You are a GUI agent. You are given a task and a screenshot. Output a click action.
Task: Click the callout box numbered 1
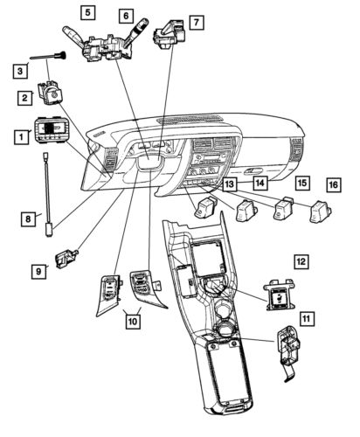click(19, 136)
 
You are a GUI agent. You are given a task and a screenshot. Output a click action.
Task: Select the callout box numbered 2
click(27, 99)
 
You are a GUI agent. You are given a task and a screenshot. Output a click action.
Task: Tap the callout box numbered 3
click(19, 70)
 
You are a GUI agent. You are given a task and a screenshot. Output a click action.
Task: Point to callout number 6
click(126, 17)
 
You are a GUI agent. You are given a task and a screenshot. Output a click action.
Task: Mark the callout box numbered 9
click(39, 272)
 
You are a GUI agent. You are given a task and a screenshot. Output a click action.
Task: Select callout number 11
click(306, 318)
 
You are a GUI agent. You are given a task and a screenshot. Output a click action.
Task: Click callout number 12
click(300, 260)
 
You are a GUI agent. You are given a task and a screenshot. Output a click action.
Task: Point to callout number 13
click(228, 184)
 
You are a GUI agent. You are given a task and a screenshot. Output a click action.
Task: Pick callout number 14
click(260, 183)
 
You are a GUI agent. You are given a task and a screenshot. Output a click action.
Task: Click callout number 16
click(333, 184)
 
